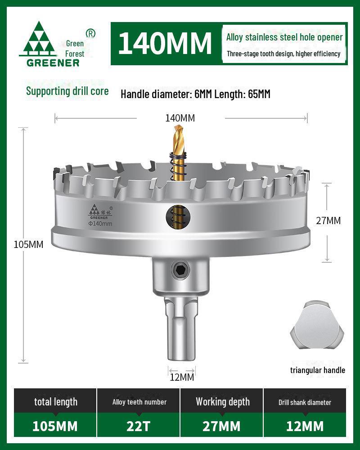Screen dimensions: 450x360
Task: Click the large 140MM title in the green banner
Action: pyautogui.click(x=165, y=43)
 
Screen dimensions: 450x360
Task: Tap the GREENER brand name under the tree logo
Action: pyautogui.click(x=53, y=63)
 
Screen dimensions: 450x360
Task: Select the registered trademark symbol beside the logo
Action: pyautogui.click(x=90, y=33)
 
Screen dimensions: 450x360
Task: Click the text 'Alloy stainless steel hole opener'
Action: pyautogui.click(x=284, y=37)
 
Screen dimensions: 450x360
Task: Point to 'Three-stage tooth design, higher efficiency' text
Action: pyautogui.click(x=283, y=54)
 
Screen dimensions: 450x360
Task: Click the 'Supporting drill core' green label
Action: pyautogui.click(x=67, y=91)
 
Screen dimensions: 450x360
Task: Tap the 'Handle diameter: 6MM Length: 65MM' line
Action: pyautogui.click(x=195, y=94)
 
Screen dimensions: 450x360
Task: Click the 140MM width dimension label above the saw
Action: pyautogui.click(x=180, y=118)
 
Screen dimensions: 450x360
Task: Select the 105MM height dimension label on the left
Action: pyautogui.click(x=28, y=244)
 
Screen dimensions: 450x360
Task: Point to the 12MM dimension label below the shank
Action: pyautogui.click(x=182, y=377)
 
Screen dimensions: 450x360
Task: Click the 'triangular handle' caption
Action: pyautogui.click(x=318, y=370)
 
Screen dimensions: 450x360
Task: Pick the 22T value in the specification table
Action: pyautogui.click(x=139, y=426)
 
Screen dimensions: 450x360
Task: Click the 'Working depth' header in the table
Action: pyautogui.click(x=222, y=402)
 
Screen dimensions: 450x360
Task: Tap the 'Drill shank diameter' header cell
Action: pyautogui.click(x=305, y=402)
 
